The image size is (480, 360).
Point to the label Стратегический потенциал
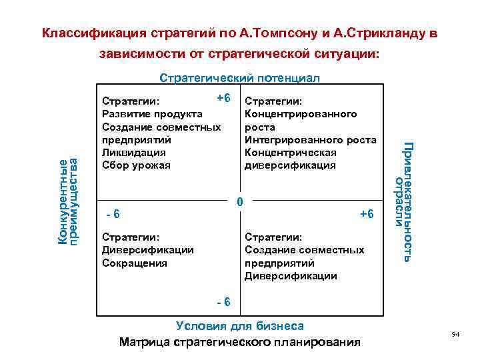click(x=240, y=78)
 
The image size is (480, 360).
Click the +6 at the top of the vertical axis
click(x=223, y=98)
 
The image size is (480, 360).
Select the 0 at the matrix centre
click(x=241, y=201)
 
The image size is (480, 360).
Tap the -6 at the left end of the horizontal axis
click(x=113, y=214)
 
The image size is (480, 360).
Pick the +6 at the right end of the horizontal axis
click(x=367, y=214)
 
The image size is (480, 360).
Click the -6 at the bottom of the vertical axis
click(x=223, y=301)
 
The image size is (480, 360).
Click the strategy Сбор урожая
click(x=136, y=165)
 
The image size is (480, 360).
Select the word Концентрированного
click(x=301, y=114)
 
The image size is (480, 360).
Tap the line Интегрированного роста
click(x=311, y=139)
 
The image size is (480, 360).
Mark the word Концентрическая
click(x=289, y=153)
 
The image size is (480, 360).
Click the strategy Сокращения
click(x=134, y=263)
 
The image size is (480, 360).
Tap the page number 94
click(x=456, y=333)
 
